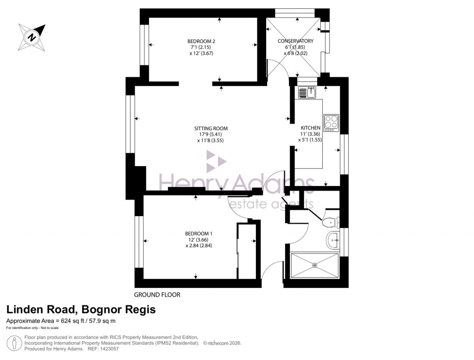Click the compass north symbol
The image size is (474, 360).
point(31,37)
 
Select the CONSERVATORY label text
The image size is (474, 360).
point(295,41)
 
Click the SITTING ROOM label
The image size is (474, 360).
point(211,129)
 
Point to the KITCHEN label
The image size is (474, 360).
point(310,128)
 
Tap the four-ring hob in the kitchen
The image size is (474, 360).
point(331,122)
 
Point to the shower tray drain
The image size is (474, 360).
point(314,265)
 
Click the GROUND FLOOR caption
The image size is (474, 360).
point(157,295)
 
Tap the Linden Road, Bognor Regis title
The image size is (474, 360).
point(81,310)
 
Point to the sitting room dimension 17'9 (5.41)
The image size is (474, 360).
point(211,135)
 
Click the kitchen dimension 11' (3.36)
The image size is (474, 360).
point(310,134)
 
